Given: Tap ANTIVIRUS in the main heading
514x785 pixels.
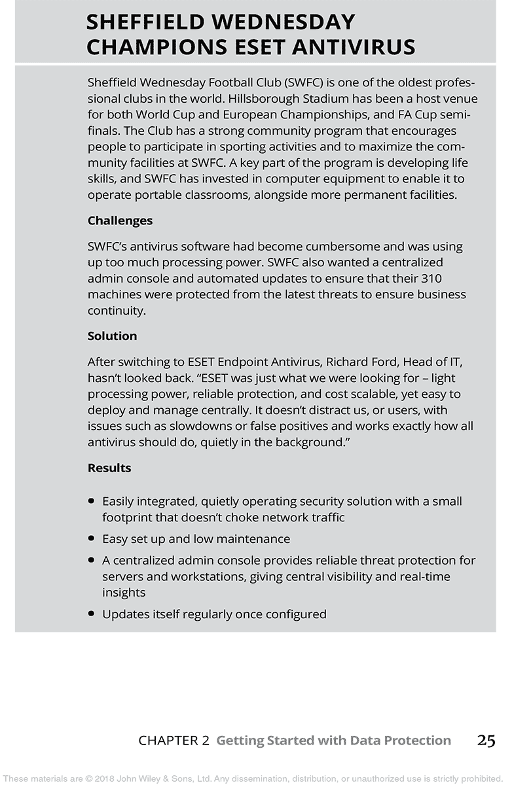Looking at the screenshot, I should [x=354, y=47].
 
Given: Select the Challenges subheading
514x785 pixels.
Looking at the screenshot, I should [x=120, y=220].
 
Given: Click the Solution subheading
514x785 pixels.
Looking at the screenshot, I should [x=112, y=336].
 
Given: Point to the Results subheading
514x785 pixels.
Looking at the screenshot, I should [x=109, y=468].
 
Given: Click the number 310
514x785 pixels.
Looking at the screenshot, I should [x=452, y=278].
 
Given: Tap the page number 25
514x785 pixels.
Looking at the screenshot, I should [x=486, y=741].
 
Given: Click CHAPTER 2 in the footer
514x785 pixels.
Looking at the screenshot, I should [x=174, y=741].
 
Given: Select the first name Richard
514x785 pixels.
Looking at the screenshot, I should [x=348, y=362].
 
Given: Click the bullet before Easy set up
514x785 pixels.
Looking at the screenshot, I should [x=92, y=539].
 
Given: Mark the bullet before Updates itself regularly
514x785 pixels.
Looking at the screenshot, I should [x=92, y=614].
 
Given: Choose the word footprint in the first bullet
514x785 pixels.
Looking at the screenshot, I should [x=128, y=517].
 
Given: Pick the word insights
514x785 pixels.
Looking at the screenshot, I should [x=123, y=592].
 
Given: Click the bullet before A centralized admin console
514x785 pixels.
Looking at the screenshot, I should [x=92, y=561].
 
